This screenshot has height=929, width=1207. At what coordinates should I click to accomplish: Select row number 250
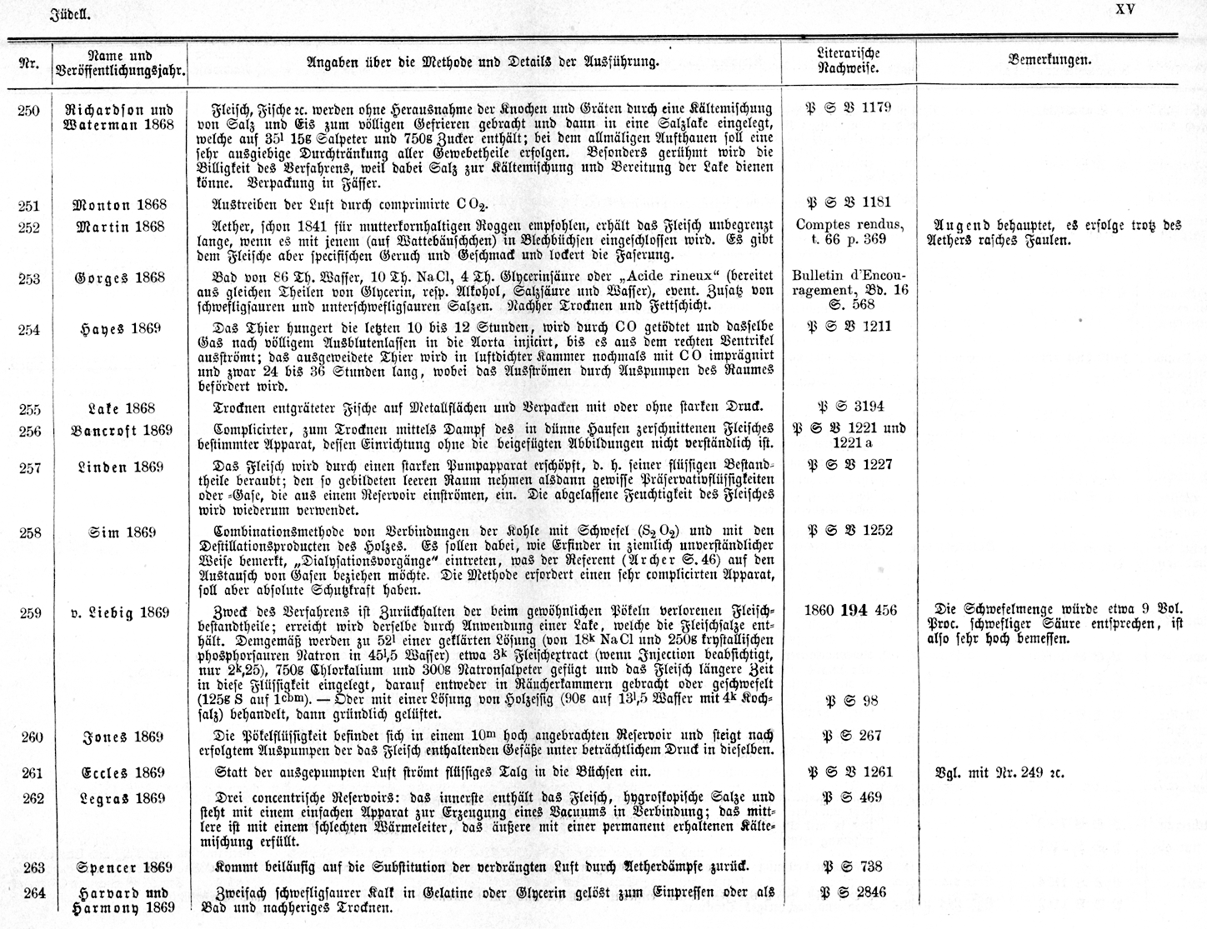tap(28, 110)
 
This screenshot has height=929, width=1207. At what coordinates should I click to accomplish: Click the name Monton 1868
tap(120, 205)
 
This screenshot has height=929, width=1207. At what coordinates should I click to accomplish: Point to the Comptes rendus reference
tap(849, 231)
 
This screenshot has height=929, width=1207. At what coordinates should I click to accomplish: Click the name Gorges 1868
tap(121, 277)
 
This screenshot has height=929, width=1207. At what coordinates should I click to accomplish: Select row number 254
tap(28, 329)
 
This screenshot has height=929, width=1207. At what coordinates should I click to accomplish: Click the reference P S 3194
tap(849, 407)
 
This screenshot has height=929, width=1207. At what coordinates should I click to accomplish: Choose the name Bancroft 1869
tap(121, 430)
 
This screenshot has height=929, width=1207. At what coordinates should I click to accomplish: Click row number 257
tap(28, 467)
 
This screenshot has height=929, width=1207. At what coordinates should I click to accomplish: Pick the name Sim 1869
tap(121, 532)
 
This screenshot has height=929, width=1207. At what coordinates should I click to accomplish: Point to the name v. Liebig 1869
tap(121, 613)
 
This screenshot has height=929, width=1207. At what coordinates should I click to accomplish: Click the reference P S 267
tap(849, 735)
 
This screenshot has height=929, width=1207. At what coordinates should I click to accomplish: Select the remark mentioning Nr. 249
tap(1000, 772)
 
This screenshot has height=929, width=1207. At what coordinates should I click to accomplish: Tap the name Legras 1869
tap(121, 797)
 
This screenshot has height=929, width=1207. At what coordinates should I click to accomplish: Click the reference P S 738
tap(849, 867)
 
